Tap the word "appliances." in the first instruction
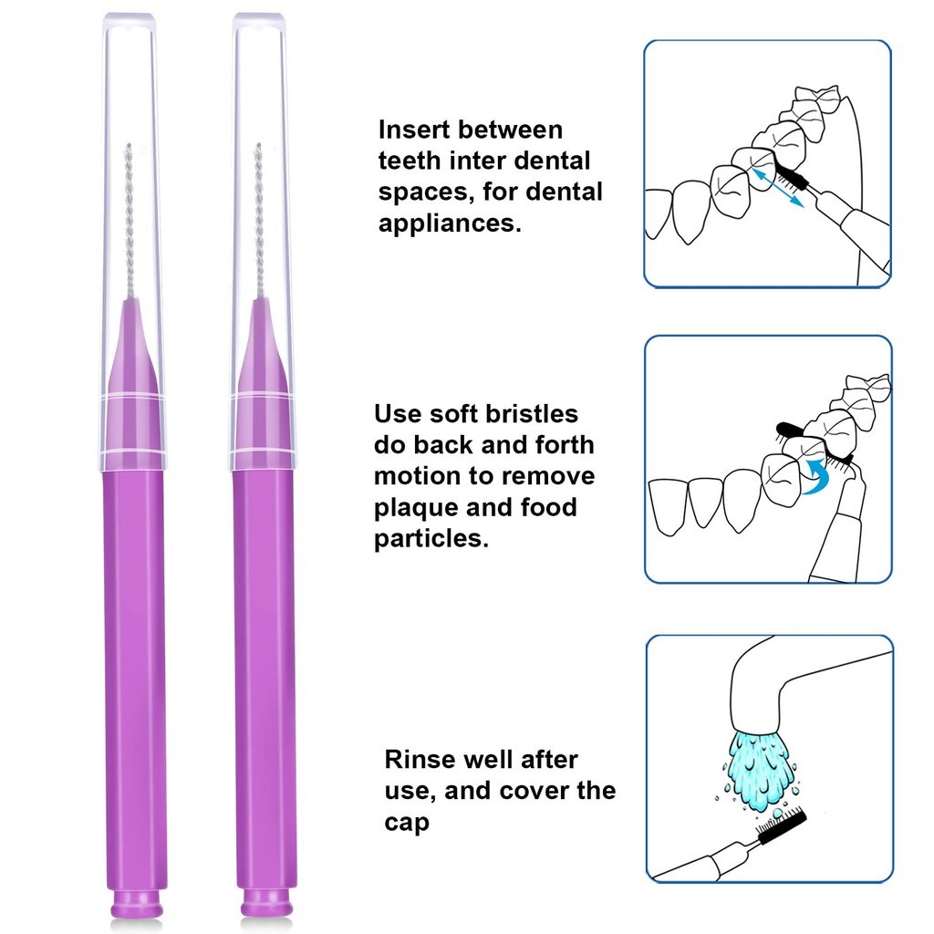click(450, 223)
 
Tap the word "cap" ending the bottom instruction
click(406, 822)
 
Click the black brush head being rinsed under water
click(779, 826)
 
